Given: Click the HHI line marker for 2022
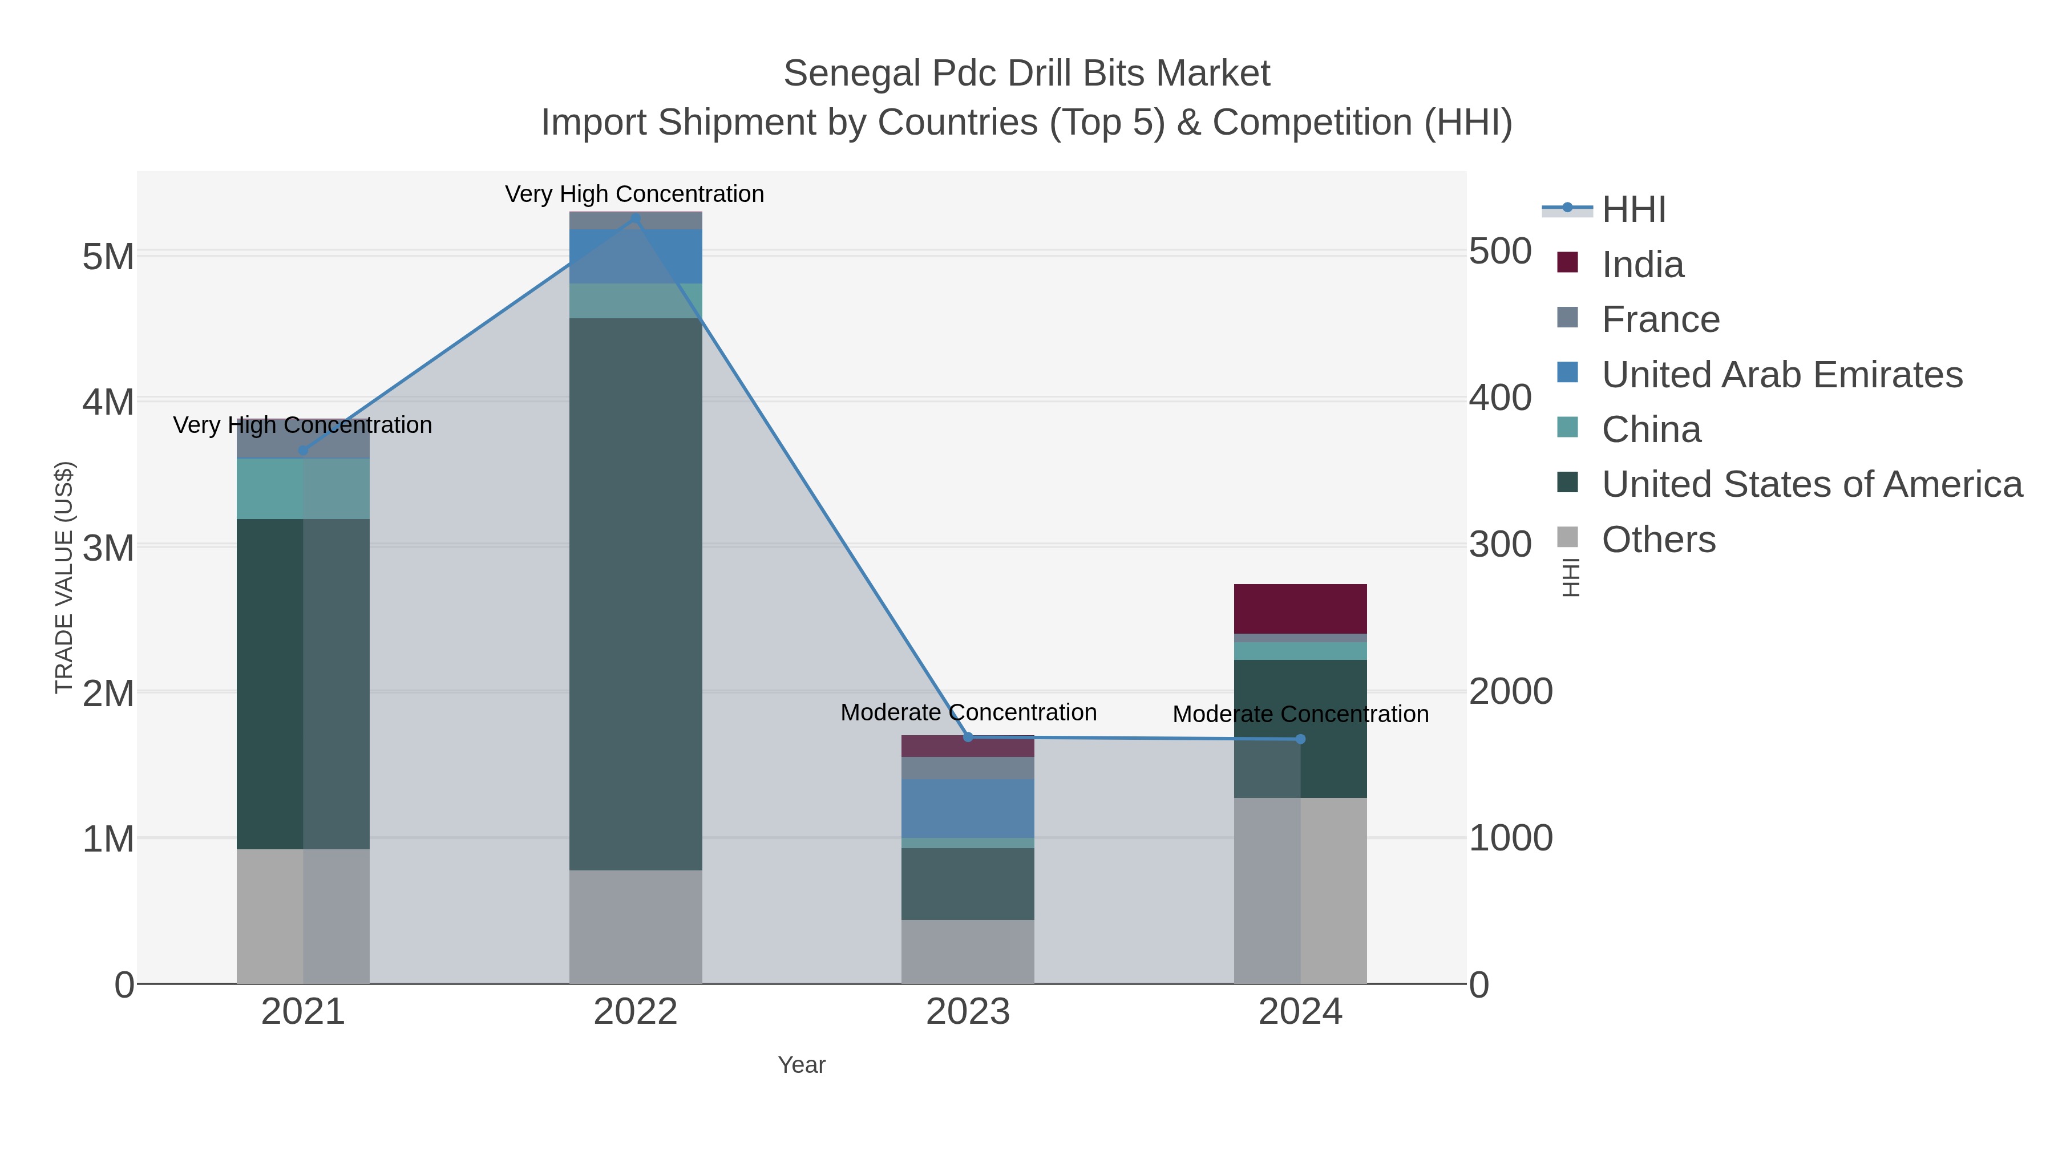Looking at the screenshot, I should pyautogui.click(x=636, y=218).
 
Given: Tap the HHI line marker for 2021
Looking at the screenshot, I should pyautogui.click(x=303, y=451).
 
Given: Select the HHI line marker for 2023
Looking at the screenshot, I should pyautogui.click(x=968, y=737).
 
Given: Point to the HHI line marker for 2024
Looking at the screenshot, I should pyautogui.click(x=1300, y=739).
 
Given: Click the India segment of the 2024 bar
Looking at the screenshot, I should pyautogui.click(x=1300, y=609).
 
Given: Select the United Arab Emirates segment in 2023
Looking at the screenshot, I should pyautogui.click(x=968, y=808).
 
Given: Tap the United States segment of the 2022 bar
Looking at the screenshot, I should pyautogui.click(x=636, y=594).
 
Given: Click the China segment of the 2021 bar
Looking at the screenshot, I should pyautogui.click(x=303, y=489).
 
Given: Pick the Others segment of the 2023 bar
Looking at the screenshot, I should pyautogui.click(x=968, y=952).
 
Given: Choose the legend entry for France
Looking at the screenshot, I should pyautogui.click(x=1660, y=319).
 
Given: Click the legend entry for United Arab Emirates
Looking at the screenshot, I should pyautogui.click(x=1781, y=375).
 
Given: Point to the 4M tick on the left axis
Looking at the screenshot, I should pyautogui.click(x=108, y=402).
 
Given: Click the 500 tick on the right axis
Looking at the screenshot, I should pyautogui.click(x=1500, y=252).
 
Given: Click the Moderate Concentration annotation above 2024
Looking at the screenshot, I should pyautogui.click(x=1300, y=714).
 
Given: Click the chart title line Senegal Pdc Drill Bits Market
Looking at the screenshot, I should pyautogui.click(x=1026, y=74).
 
